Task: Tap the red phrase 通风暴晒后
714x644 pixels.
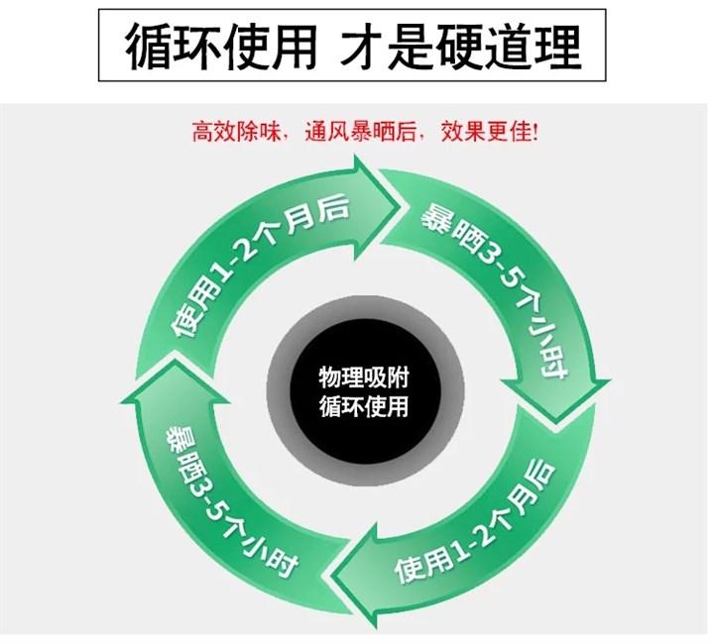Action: (x=350, y=132)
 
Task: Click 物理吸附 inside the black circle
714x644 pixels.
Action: (x=363, y=378)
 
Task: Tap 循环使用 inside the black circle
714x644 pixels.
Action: (x=363, y=406)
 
